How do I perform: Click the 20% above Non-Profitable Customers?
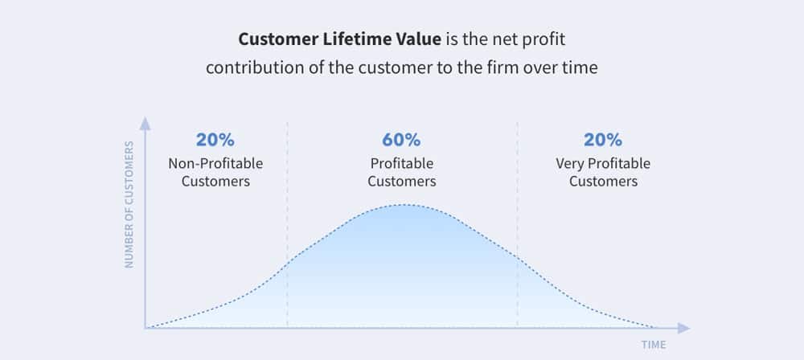point(215,140)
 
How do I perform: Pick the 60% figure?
point(401,140)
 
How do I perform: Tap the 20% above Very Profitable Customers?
point(603,140)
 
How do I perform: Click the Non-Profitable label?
point(215,164)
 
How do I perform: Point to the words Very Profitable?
point(603,164)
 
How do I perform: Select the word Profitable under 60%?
point(402,164)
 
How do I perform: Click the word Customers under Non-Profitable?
point(215,182)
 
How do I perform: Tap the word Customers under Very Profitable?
point(604,182)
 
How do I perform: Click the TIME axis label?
point(654,345)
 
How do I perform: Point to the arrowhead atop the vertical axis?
point(146,123)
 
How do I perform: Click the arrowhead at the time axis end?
point(684,328)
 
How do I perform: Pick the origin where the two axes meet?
point(146,328)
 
